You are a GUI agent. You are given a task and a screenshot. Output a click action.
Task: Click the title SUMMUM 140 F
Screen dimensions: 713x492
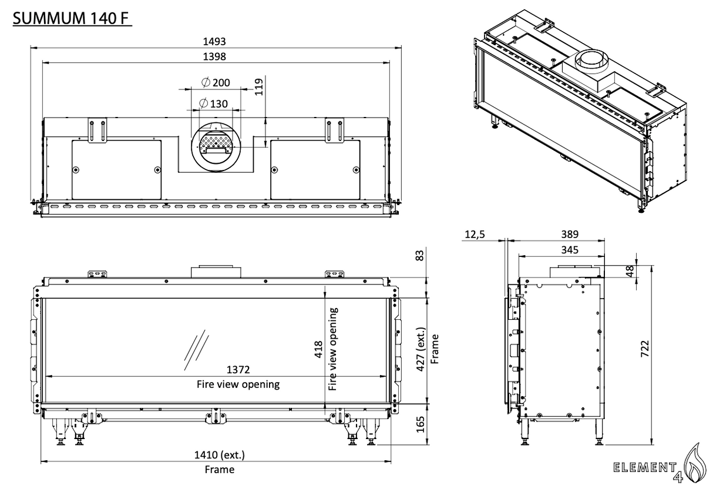tap(72, 18)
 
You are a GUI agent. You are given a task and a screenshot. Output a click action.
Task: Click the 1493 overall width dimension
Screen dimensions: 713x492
tap(214, 41)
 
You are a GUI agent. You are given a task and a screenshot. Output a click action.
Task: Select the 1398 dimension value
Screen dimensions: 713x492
tap(214, 56)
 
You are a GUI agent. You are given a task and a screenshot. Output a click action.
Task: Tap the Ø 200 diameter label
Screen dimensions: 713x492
tap(216, 82)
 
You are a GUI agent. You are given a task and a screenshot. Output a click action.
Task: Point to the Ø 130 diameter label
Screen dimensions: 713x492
tap(214, 103)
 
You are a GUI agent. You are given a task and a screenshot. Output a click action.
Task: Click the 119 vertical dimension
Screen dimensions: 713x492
tap(259, 86)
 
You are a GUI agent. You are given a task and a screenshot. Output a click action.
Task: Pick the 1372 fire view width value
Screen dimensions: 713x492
tap(238, 370)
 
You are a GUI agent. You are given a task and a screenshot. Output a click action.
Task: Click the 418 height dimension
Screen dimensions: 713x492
tap(319, 350)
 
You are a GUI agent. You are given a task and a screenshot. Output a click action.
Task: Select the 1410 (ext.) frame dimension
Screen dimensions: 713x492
tap(220, 455)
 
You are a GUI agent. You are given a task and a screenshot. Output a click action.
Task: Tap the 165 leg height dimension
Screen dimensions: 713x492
tap(421, 424)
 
